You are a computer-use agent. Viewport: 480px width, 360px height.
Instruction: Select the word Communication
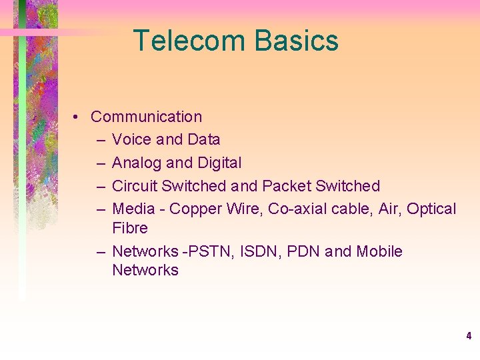pos(146,117)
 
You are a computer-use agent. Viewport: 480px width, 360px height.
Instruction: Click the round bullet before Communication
pos(78,117)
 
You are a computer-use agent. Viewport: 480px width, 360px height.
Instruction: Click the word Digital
pos(219,163)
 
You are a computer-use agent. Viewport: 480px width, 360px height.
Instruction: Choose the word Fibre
pos(130,228)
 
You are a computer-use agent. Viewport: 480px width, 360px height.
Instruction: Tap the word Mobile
pos(379,251)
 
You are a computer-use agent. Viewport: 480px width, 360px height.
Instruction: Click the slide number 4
pos(469,336)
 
